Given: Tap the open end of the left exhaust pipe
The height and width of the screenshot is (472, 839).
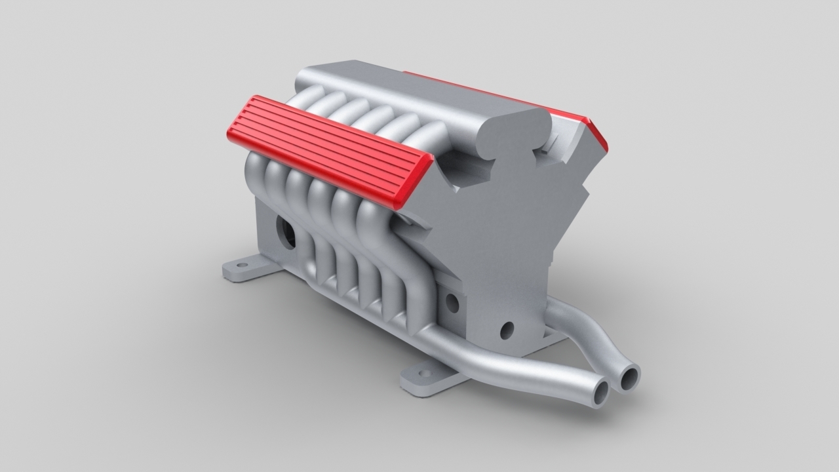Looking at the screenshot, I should pyautogui.click(x=600, y=391).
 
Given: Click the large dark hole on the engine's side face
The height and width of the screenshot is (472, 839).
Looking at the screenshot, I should pyautogui.click(x=286, y=231).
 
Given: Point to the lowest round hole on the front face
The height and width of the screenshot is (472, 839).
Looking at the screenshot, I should pyautogui.click(x=507, y=330).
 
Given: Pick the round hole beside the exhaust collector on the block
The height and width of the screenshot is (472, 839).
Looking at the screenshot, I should pyautogui.click(x=451, y=302).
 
